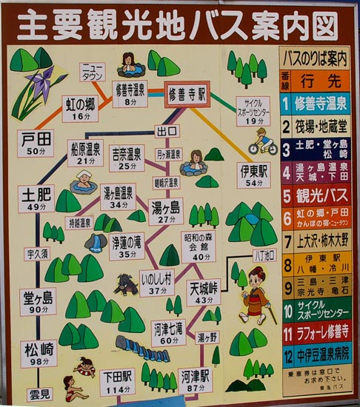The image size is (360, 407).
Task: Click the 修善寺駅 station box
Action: (187, 96)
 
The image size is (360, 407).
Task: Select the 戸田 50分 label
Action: (35, 143)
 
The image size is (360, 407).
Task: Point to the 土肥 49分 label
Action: (35, 200)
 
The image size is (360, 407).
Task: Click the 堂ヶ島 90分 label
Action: (37, 302)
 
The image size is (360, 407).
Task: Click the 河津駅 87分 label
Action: (196, 381)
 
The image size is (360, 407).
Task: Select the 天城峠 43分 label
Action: (204, 292)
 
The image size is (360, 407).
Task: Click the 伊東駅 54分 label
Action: (254, 175)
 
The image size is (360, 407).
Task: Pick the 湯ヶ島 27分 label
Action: (164, 212)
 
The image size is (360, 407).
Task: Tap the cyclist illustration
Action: (263, 141)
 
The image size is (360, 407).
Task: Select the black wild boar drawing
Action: (126, 284)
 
